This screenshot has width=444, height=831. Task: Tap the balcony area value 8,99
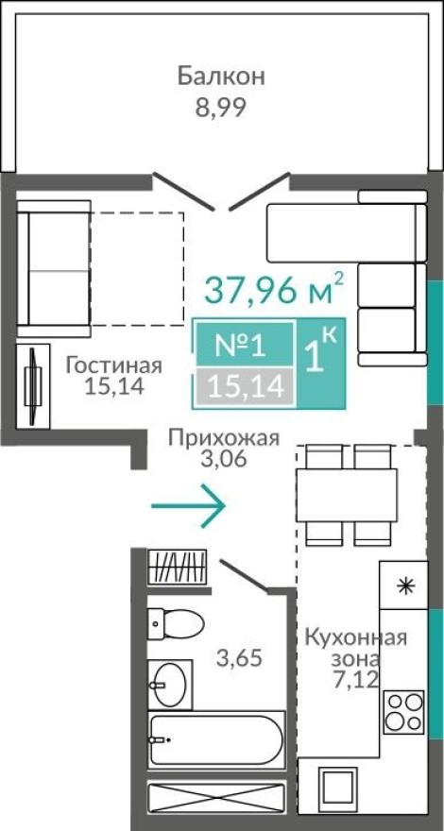click(221, 107)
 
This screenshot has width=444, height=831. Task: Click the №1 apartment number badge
click(241, 346)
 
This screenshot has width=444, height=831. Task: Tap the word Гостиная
click(113, 365)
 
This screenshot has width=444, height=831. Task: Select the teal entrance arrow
click(188, 507)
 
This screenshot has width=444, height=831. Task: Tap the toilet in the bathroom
click(176, 623)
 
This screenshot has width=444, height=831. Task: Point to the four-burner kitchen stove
click(403, 712)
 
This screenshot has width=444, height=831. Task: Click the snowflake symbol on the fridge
click(404, 585)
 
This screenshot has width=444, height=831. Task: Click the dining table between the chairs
click(345, 492)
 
